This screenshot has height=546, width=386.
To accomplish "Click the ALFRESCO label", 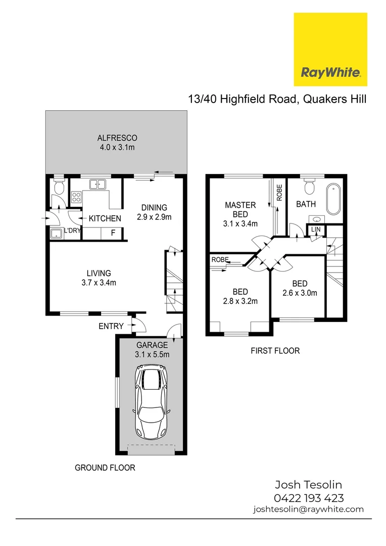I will [117, 138].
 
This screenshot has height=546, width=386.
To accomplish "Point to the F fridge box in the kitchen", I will [113, 233].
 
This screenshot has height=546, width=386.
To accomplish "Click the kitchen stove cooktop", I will [76, 197].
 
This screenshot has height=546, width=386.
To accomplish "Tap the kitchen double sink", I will [96, 185].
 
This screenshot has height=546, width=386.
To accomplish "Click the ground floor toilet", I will [59, 188].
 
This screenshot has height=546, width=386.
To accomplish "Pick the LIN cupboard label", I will [316, 230].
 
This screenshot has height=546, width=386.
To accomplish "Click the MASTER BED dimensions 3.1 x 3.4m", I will [241, 223].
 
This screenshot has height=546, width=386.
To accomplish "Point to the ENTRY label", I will [111, 326].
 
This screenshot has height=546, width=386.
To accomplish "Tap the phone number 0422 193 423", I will [308, 498].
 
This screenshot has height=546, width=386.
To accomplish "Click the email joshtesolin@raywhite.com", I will [308, 510].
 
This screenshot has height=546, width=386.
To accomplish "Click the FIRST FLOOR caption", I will [275, 350].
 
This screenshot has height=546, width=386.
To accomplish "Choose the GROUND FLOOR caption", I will [105, 468].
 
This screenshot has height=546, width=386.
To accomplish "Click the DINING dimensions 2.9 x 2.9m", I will [154, 217].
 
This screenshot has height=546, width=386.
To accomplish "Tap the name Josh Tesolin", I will [308, 485].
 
